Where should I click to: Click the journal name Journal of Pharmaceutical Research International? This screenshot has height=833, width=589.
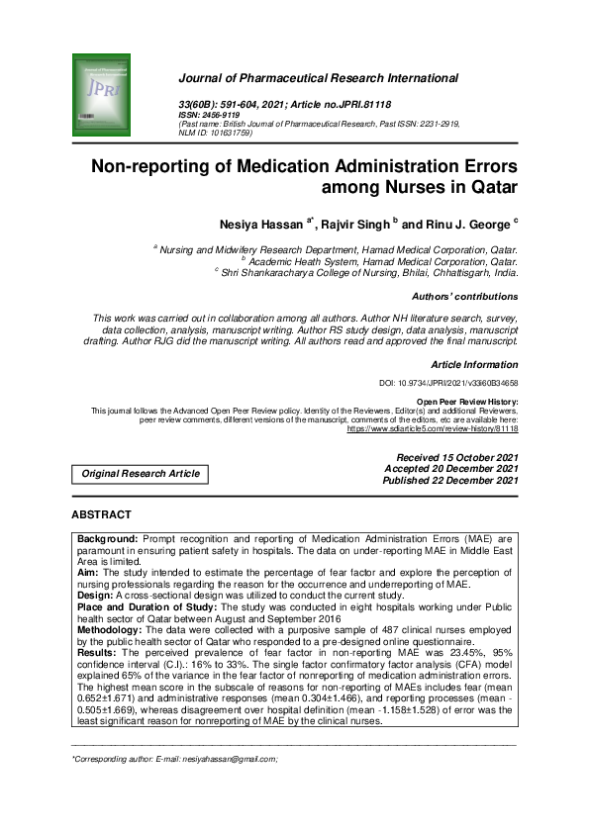pyautogui.click(x=318, y=78)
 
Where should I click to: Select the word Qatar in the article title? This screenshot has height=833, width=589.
pyautogui.click(x=486, y=186)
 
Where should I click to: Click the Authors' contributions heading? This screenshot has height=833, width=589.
pyautogui.click(x=463, y=296)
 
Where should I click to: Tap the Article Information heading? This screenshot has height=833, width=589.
pyautogui.click(x=474, y=365)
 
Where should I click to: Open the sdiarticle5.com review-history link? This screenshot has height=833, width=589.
pyautogui.click(x=432, y=429)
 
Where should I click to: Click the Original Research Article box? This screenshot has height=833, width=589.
pyautogui.click(x=141, y=474)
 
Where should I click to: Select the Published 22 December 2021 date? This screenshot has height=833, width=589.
pyautogui.click(x=450, y=480)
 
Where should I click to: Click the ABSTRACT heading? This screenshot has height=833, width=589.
pyautogui.click(x=101, y=515)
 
